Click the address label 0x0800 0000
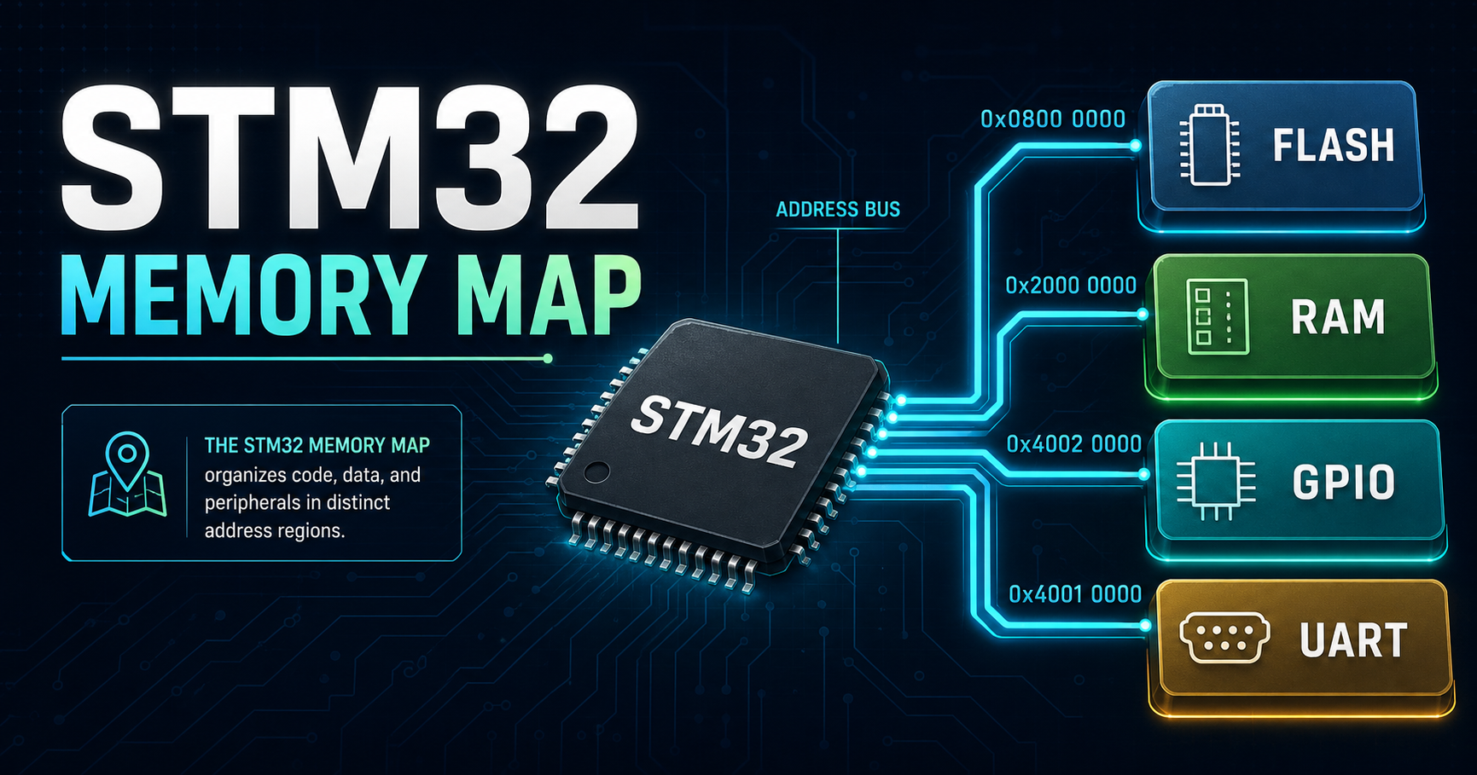click(x=1053, y=119)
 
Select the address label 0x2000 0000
click(x=1071, y=286)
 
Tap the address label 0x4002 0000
click(x=1073, y=444)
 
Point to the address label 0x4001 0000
click(x=1075, y=594)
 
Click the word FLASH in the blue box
click(x=1334, y=146)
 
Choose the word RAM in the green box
click(x=1338, y=317)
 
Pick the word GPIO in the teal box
click(x=1343, y=483)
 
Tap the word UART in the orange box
click(x=1353, y=641)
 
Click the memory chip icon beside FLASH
click(x=1209, y=145)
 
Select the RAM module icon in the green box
click(x=1218, y=316)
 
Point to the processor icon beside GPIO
click(x=1216, y=482)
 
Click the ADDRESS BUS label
click(x=838, y=210)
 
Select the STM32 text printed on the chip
click(x=720, y=431)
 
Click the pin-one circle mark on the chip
click(x=596, y=470)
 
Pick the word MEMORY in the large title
click(x=243, y=296)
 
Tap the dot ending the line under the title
click(x=548, y=359)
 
